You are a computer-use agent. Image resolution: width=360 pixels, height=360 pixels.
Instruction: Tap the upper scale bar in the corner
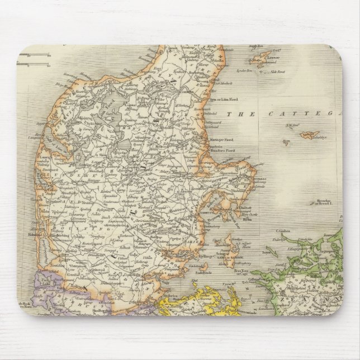point(34,55)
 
